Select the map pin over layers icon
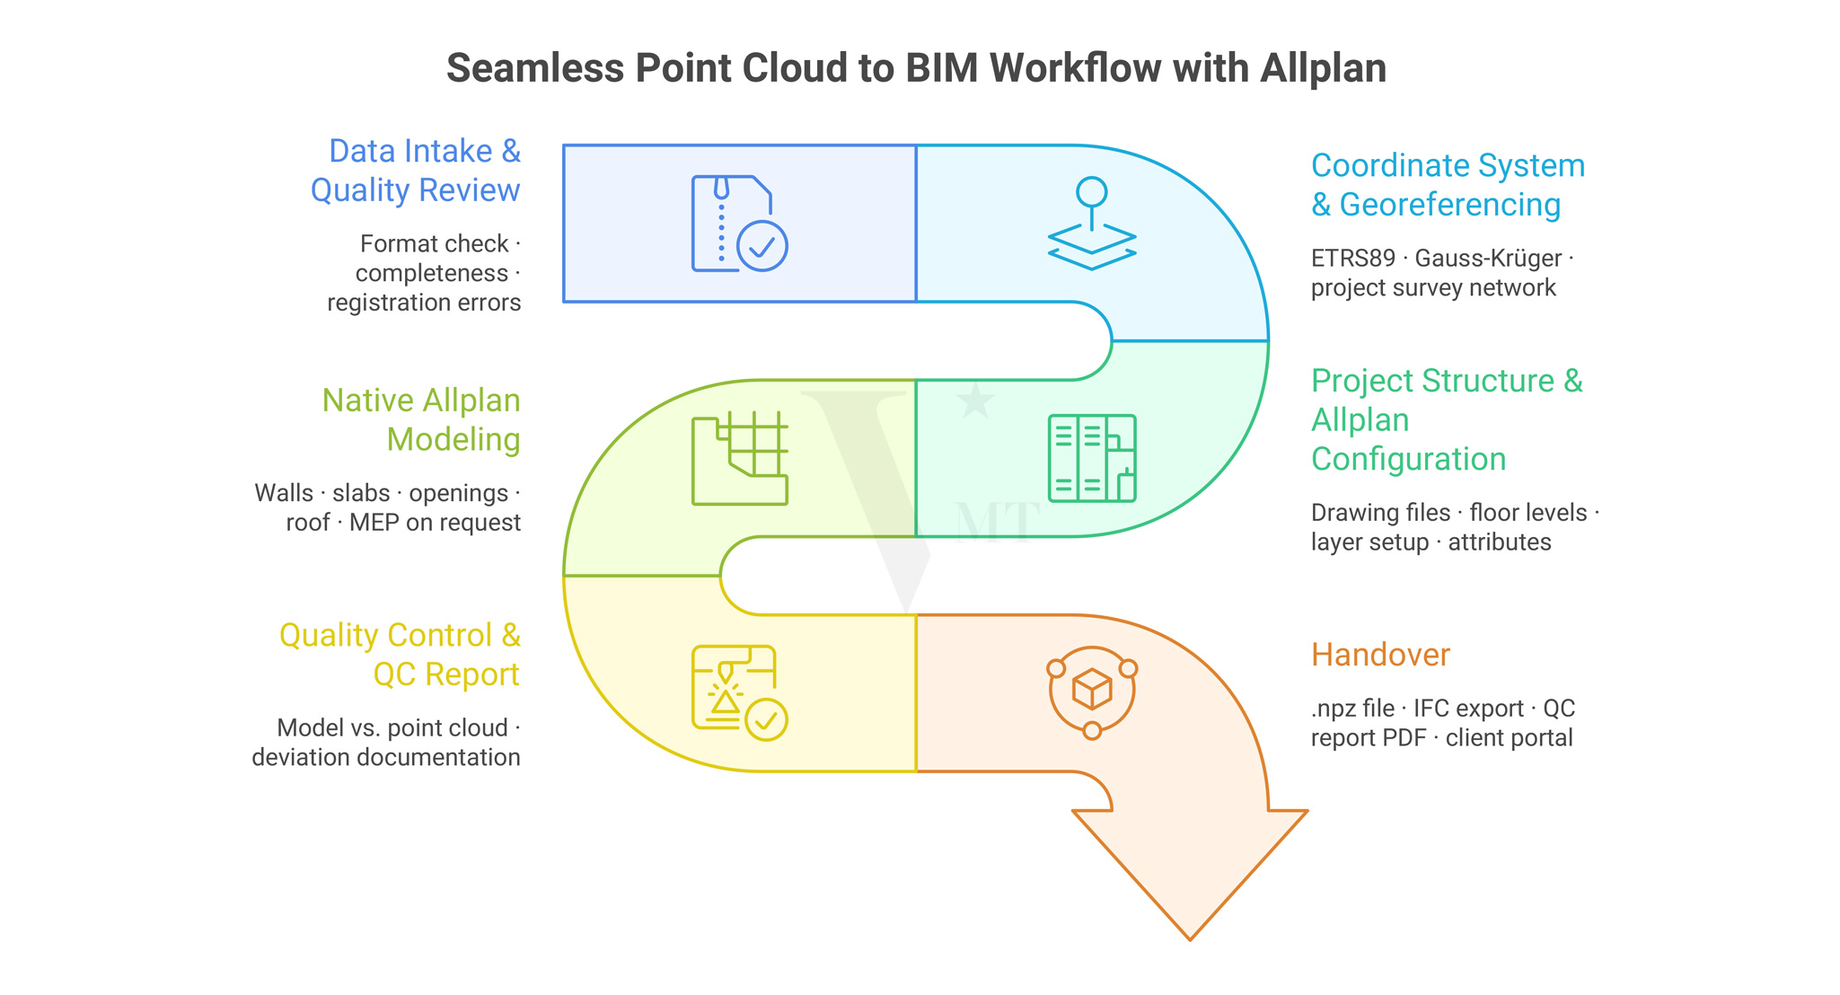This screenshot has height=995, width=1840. pos(1091,224)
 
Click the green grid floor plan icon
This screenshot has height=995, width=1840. pos(739,459)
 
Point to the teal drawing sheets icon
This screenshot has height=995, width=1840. pos(1091,458)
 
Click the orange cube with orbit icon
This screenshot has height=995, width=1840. pos(1092,691)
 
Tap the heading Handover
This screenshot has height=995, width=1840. pos(1379,655)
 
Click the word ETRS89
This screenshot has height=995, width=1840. pos(1352,259)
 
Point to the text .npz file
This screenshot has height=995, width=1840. pos(1352,709)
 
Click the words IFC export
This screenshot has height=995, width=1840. pos(1468,709)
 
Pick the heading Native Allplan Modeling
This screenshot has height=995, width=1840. pos(422,420)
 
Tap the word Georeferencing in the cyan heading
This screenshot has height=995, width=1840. pos(1449,205)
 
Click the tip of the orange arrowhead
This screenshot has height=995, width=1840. pos(1190,938)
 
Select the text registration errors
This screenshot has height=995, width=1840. pos(424,303)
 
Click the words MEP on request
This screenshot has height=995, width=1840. pos(435,523)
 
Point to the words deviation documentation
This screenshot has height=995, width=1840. pos(386,757)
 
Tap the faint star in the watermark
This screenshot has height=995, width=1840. pos(975,401)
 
